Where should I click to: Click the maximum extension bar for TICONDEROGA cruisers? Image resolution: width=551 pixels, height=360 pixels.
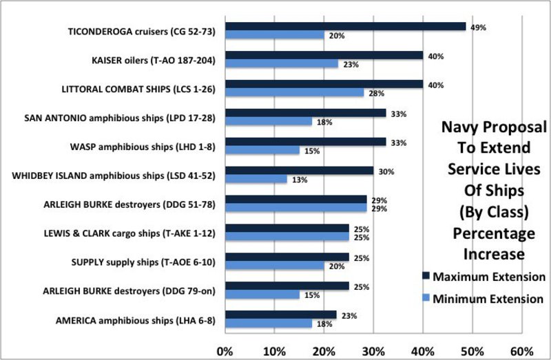pyautogui.click(x=344, y=26)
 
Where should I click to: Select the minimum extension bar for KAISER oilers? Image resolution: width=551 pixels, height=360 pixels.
pyautogui.click(x=281, y=64)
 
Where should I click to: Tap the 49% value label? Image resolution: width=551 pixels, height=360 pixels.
pyautogui.click(x=478, y=28)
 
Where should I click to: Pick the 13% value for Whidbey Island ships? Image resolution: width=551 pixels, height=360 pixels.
pyautogui.click(x=298, y=180)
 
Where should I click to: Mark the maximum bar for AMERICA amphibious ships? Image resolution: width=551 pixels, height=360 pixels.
pyautogui.click(x=280, y=315)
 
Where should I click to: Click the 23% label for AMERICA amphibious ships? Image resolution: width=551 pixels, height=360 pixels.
pyautogui.click(x=348, y=315)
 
